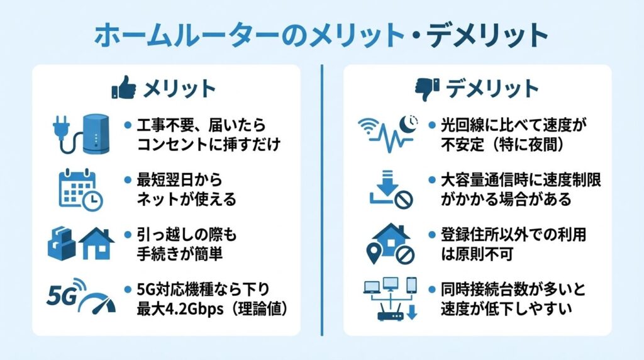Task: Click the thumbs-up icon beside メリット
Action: [123, 88]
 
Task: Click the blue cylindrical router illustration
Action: [96, 133]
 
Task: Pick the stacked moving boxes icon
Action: [62, 243]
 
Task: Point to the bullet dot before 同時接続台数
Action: [433, 290]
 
